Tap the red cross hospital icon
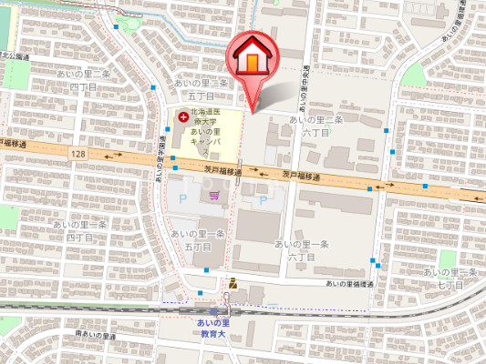[182, 117]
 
